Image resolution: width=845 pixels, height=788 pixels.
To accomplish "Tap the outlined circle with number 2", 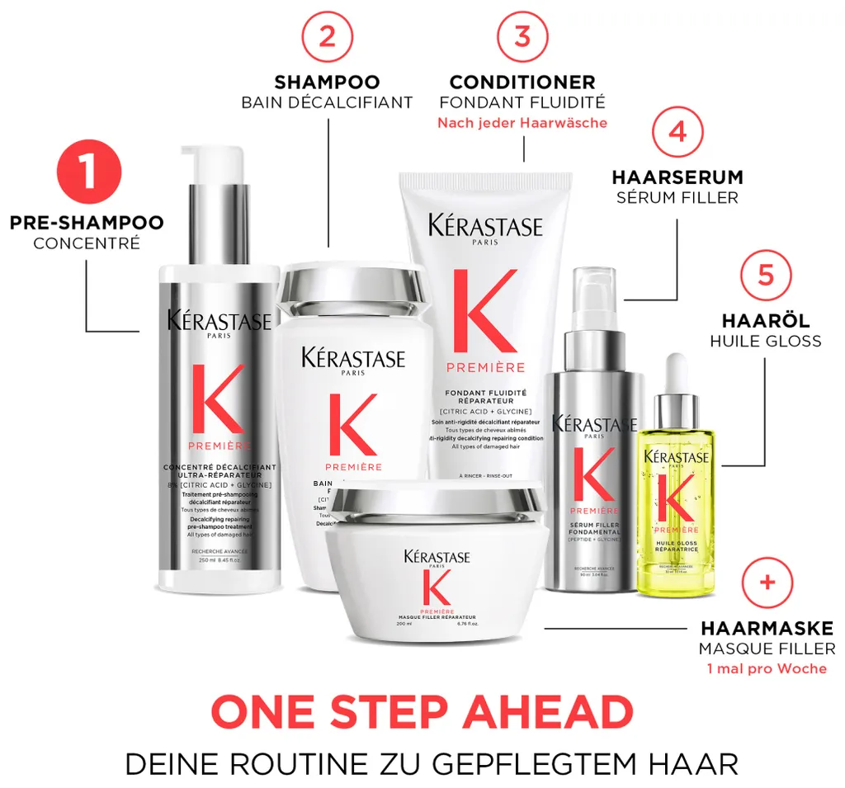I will tap(327, 38).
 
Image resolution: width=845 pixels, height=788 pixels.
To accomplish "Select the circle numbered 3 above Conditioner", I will tap(522, 38).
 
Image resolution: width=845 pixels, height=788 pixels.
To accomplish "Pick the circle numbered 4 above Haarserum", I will tap(677, 133).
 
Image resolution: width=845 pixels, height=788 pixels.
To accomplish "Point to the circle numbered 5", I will tap(766, 275).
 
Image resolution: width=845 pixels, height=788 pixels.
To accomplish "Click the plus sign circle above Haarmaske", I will tap(767, 583).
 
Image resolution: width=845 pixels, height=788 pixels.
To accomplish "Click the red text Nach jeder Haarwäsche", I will tap(522, 123).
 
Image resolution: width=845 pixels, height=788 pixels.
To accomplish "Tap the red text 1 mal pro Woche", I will tap(767, 668).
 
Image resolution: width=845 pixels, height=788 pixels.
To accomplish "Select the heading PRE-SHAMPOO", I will tap(87, 223).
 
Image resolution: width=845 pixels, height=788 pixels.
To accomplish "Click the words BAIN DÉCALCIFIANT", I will tap(327, 103).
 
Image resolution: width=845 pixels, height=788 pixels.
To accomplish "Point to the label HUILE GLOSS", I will tap(766, 340).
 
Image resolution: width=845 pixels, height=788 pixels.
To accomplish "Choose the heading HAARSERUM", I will tap(677, 177).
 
